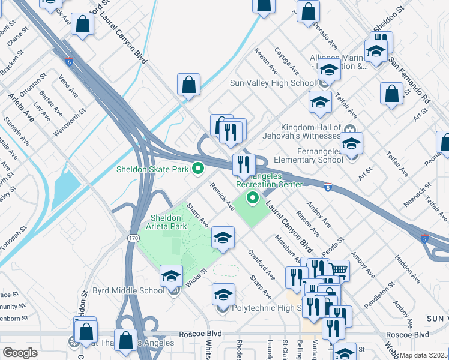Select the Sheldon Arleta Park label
(166, 222)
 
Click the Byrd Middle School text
(128, 291)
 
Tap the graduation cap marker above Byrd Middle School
(172, 276)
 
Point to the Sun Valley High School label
(273, 83)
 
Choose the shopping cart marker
(339, 270)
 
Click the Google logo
(20, 353)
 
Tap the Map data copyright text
(424, 355)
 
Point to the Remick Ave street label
(223, 197)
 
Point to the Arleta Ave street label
(22, 107)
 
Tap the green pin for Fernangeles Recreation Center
(253, 197)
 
